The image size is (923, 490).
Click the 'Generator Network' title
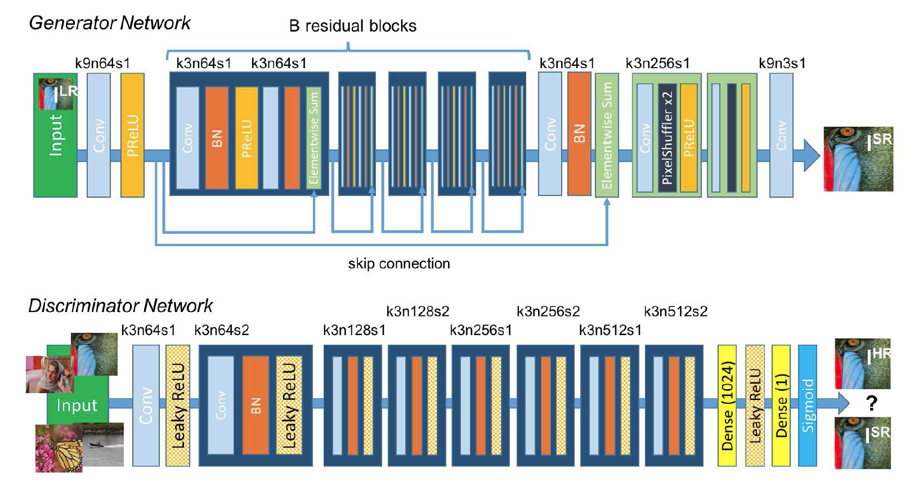pyautogui.click(x=110, y=23)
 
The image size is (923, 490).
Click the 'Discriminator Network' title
pyautogui.click(x=120, y=306)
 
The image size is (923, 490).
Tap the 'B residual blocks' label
pyautogui.click(x=352, y=26)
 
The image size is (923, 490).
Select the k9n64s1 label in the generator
pyautogui.click(x=102, y=63)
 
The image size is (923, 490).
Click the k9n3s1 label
pyautogui.click(x=782, y=63)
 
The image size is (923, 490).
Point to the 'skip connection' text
pyautogui.click(x=398, y=264)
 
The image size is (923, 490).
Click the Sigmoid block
pyautogui.click(x=808, y=406)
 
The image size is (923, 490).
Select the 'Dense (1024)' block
pyautogui.click(x=727, y=406)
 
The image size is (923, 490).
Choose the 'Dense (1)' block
pyautogui.click(x=781, y=406)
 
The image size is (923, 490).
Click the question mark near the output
pyautogui.click(x=872, y=403)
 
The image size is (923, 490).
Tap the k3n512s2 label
pyautogui.click(x=675, y=311)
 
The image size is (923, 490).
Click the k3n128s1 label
pyautogui.click(x=354, y=330)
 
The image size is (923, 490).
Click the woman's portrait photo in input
pyautogui.click(x=50, y=375)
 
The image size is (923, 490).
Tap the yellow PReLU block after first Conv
pyautogui.click(x=132, y=135)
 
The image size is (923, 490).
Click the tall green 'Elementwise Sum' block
pyautogui.click(x=607, y=135)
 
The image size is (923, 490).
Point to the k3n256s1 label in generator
pyautogui.click(x=657, y=63)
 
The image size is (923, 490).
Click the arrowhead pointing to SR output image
pyautogui.click(x=811, y=155)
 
